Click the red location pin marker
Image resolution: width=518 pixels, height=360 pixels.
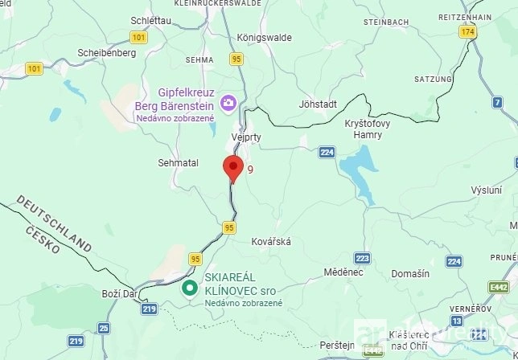232,169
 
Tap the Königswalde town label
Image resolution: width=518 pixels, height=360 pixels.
264,37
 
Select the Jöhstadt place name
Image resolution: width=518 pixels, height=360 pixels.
317,104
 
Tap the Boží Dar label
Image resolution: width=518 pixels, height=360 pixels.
118,294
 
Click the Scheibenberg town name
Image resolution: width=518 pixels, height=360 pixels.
105,53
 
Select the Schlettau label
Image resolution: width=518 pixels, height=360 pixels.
150,18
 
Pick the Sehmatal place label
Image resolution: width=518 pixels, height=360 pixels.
179,162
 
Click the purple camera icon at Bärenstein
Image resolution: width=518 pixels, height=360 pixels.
228,102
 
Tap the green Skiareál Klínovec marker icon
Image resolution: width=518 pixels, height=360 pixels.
190,288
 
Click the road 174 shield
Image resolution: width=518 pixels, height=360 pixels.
468,31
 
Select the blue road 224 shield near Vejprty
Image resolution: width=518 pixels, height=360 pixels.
327,152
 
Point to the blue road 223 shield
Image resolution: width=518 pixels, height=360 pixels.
363,258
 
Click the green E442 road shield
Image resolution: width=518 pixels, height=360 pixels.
499,287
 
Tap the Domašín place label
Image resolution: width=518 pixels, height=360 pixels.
410,274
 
